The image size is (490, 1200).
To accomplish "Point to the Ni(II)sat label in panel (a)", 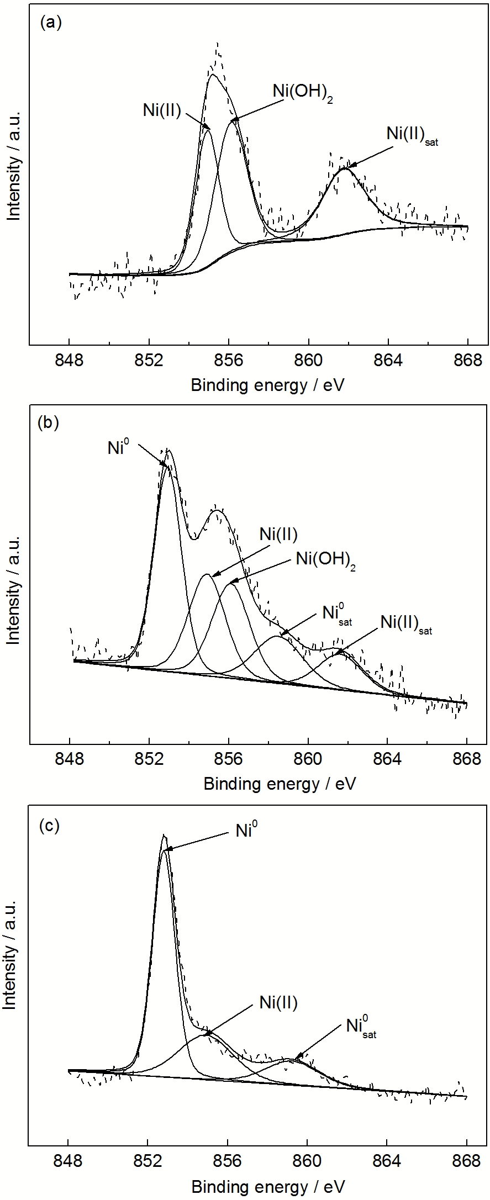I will pyautogui.click(x=412, y=135).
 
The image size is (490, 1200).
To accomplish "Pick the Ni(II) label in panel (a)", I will pyautogui.click(x=162, y=110).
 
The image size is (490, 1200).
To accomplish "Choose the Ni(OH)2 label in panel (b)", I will pyautogui.click(x=325, y=559).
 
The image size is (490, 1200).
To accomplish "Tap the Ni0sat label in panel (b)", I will pyautogui.click(x=336, y=614).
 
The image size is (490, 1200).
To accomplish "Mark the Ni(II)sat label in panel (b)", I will pyautogui.click(x=406, y=624).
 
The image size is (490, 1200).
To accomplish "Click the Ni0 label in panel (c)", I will pyautogui.click(x=247, y=830).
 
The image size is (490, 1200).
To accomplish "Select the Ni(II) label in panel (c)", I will pyautogui.click(x=278, y=1002).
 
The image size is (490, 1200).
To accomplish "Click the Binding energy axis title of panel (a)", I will pyautogui.click(x=267, y=385).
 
